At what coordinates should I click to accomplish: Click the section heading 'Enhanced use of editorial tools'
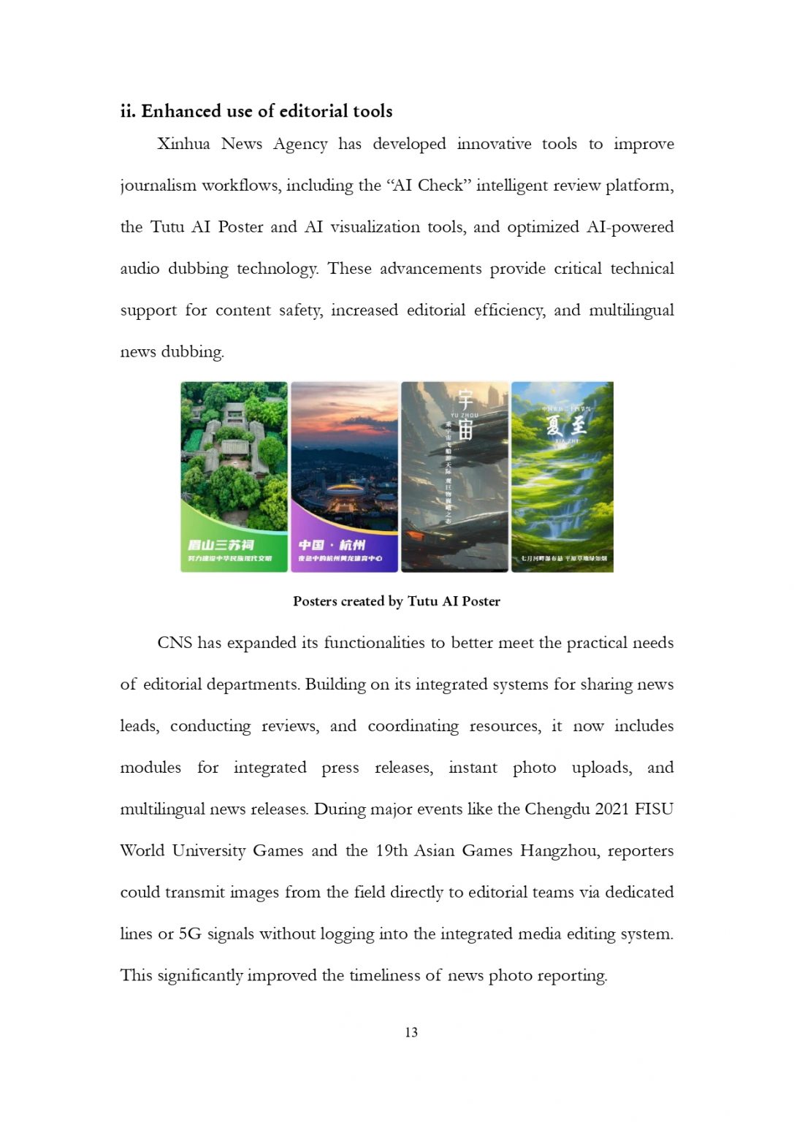coord(267,111)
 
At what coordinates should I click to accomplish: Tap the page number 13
coord(411,1032)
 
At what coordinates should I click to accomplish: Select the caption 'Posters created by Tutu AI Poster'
coord(397,601)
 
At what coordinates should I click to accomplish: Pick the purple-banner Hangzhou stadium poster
coord(344,476)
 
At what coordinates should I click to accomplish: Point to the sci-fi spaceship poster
coord(454,476)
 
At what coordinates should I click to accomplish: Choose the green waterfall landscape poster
coord(562,476)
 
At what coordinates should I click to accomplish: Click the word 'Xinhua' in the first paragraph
coord(183,144)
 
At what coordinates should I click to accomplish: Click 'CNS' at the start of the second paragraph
coord(175,643)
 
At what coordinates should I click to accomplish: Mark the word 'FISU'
coord(654,809)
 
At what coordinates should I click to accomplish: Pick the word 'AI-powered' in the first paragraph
coord(630,227)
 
